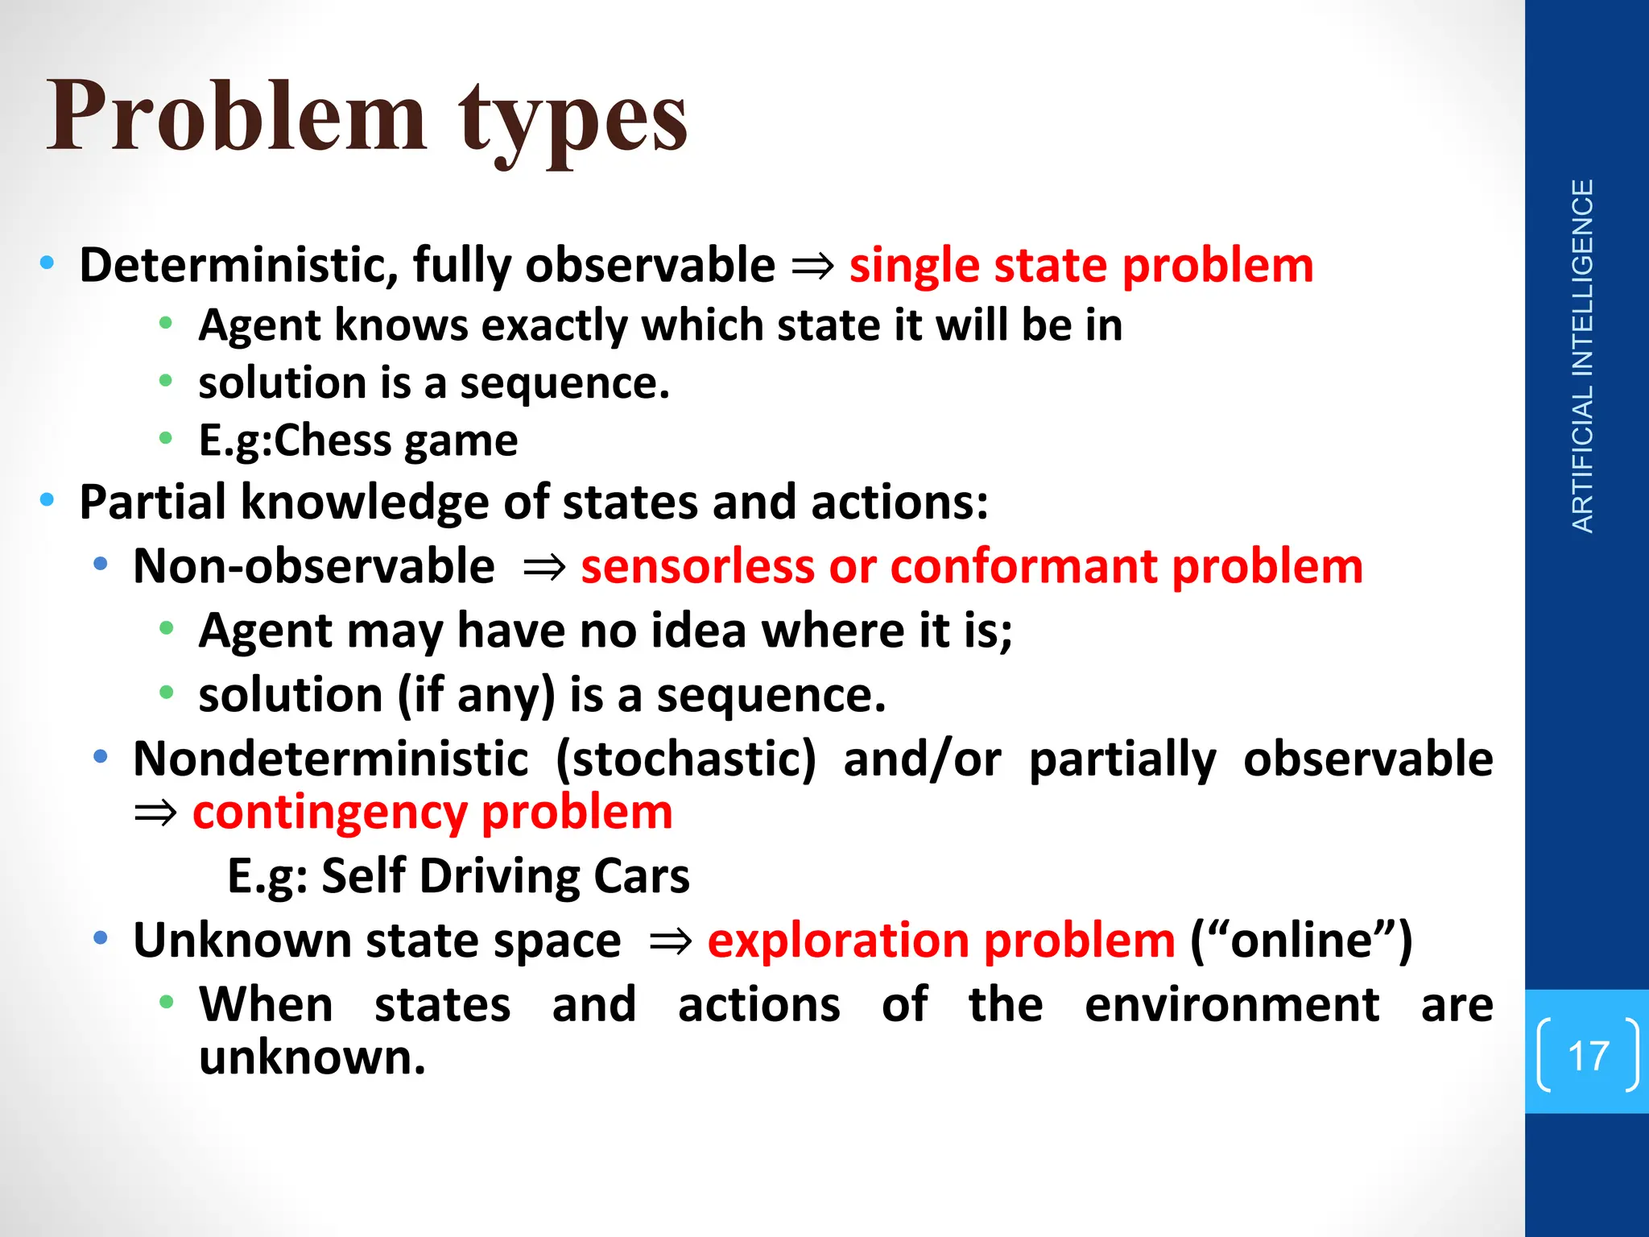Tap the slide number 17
coord(1588,1055)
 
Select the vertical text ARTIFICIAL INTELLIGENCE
coord(1582,356)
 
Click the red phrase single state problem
coord(1081,266)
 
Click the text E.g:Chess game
coord(358,441)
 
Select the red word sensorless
coord(697,566)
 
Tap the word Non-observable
coord(314,566)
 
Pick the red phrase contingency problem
coord(432,812)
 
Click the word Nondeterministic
coord(331,759)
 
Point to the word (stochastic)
coord(685,759)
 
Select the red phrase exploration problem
coord(941,941)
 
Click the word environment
coord(1232,1005)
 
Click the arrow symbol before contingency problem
coord(155,813)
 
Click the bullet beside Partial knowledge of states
coord(48,500)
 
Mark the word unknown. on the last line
coord(312,1057)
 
